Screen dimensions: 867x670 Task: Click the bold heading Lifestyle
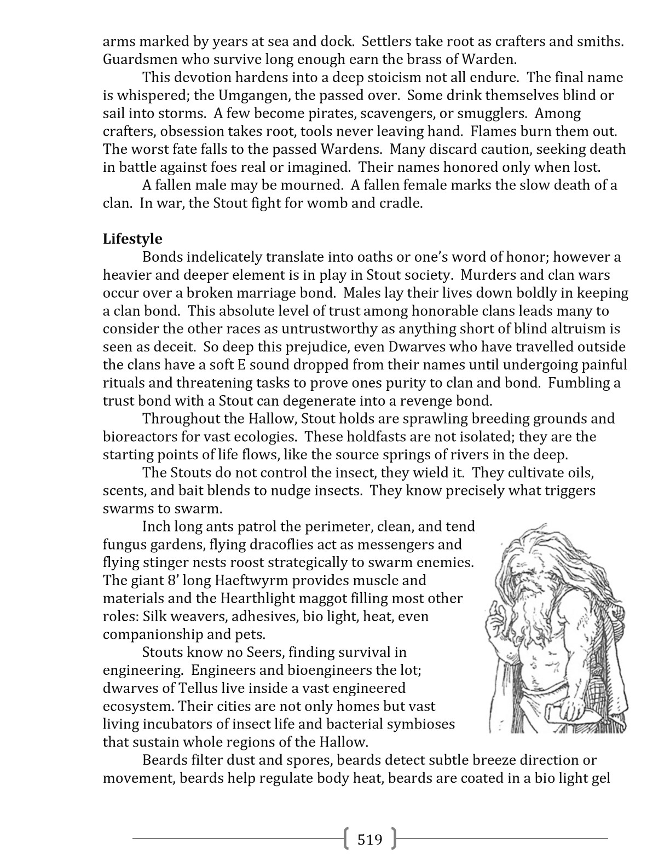click(132, 239)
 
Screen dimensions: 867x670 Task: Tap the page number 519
click(369, 839)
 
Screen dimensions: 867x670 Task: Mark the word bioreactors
click(137, 437)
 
